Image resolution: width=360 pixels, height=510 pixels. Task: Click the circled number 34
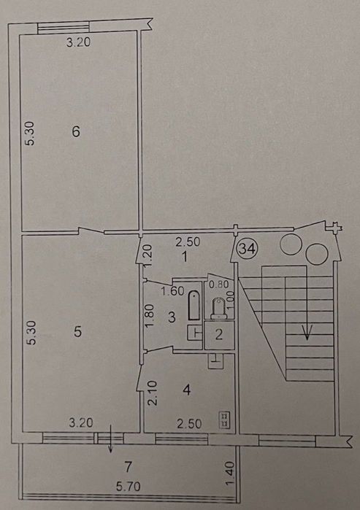(248, 249)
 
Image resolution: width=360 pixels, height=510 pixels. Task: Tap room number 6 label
(76, 132)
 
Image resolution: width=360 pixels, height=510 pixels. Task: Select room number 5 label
(77, 332)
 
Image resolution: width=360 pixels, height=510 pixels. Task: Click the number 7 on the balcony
(129, 467)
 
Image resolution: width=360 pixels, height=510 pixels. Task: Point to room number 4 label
(186, 390)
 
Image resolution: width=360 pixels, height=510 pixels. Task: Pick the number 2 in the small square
(219, 334)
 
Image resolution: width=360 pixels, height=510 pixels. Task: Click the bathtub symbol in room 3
(194, 306)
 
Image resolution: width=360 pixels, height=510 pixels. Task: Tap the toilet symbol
(218, 308)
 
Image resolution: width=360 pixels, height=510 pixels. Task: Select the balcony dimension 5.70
(129, 487)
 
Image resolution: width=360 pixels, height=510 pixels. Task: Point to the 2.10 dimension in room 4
(153, 393)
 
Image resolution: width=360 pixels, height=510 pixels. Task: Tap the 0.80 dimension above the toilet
(219, 285)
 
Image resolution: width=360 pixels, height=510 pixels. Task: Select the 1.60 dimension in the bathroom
(172, 291)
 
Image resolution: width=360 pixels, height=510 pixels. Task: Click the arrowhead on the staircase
(307, 333)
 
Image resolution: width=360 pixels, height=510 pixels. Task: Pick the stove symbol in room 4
(225, 420)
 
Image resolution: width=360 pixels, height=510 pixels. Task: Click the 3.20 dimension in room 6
(78, 42)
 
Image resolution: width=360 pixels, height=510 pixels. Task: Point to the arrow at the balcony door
(110, 438)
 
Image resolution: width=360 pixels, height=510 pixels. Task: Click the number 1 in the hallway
(185, 258)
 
